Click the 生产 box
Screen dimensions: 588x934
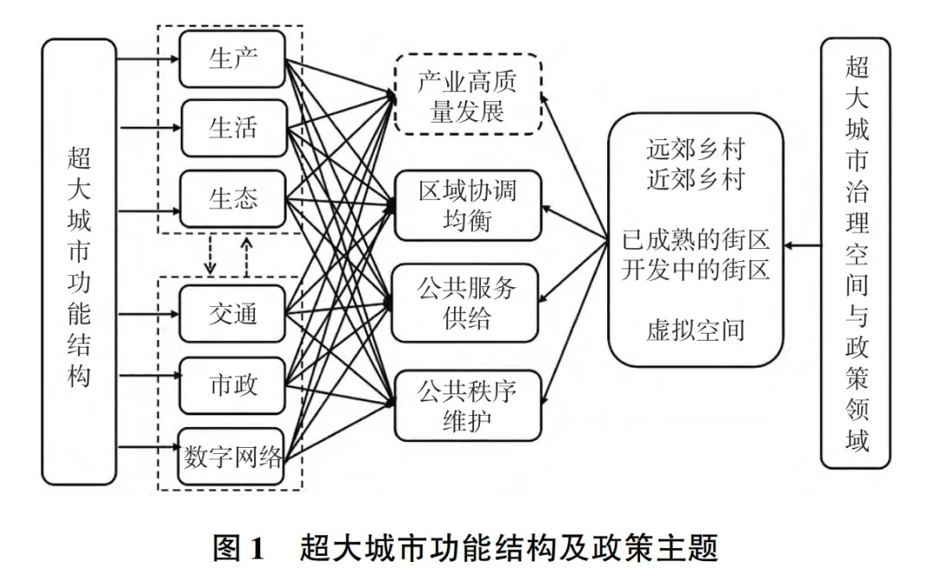tap(233, 59)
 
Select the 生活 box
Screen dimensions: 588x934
tap(233, 129)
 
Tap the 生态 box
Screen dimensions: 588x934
tap(233, 200)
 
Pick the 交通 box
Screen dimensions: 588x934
tap(233, 314)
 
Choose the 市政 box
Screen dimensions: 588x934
tap(233, 385)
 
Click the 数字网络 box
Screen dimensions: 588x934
tap(233, 457)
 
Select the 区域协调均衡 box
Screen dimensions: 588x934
tap(467, 206)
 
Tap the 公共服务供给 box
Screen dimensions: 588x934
tap(467, 303)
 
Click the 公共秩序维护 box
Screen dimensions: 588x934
tap(467, 405)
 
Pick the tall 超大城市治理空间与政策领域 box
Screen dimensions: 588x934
tap(855, 252)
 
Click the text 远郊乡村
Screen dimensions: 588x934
tap(694, 150)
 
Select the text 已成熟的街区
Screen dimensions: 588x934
tap(695, 240)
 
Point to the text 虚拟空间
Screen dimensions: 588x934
tap(694, 329)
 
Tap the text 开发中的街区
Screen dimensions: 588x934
tap(695, 269)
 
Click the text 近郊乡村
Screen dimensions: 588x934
tap(694, 179)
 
